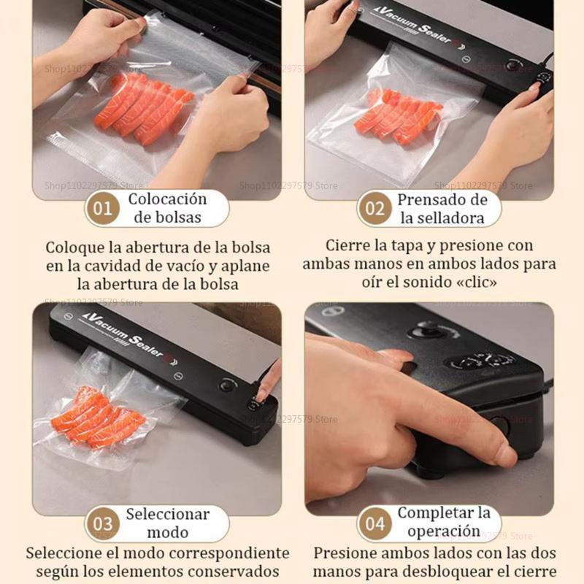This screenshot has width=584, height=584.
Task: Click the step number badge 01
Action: pos(103,209)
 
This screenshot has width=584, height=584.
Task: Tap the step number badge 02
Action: pos(374,209)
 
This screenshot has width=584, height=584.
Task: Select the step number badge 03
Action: pos(103,523)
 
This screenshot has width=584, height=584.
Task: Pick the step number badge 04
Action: pos(374,523)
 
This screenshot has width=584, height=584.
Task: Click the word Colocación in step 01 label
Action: pos(167,199)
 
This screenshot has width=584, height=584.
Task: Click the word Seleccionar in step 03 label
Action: pos(167,514)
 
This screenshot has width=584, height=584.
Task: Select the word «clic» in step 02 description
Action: pos(478,281)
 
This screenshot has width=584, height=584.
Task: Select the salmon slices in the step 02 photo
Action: pos(398,117)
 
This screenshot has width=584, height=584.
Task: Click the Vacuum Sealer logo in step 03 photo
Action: pos(128,332)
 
